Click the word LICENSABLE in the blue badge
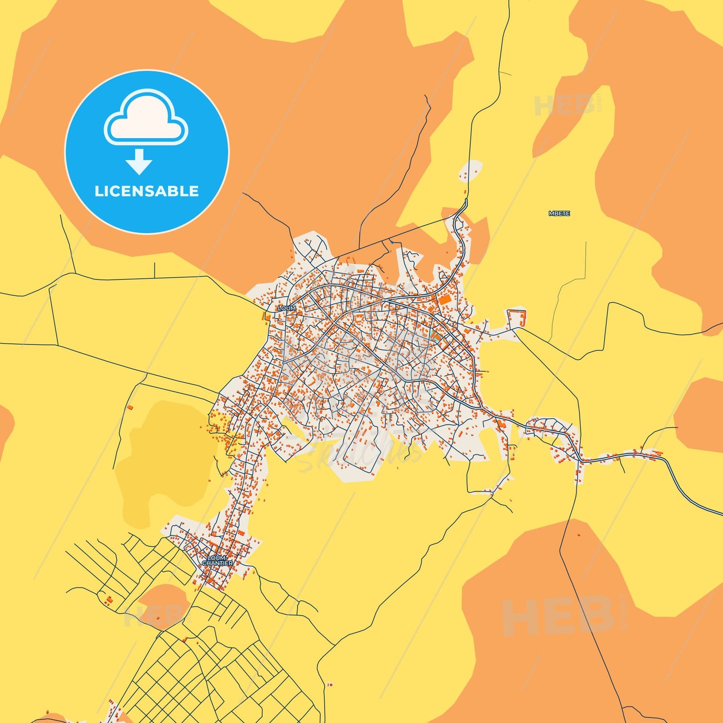coord(147,191)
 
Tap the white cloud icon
coord(146,118)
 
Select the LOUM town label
coord(287,308)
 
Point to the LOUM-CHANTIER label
coord(218,560)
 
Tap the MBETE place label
coord(559,214)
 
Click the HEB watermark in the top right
coord(565,105)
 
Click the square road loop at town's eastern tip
coord(517,319)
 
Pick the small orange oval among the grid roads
coord(163,603)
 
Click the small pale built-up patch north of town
coord(471,170)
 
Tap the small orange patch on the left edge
coord(5,425)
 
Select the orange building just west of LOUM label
coord(266,316)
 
